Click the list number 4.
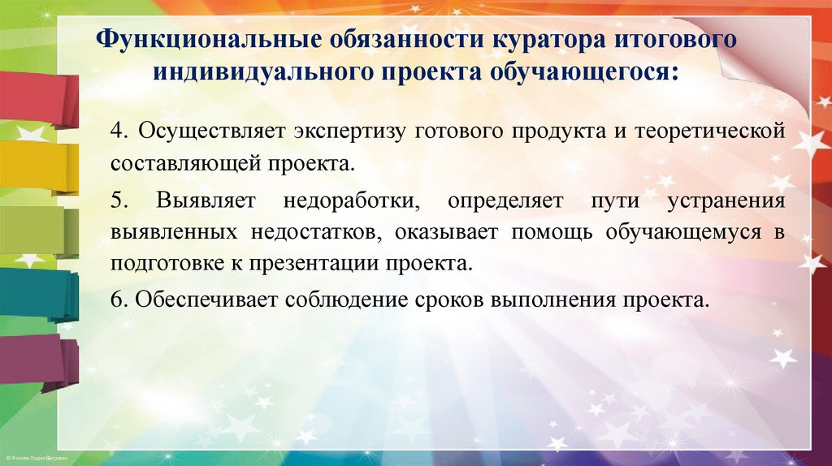click(x=117, y=132)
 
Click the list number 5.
click(x=117, y=201)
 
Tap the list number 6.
click(x=117, y=298)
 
